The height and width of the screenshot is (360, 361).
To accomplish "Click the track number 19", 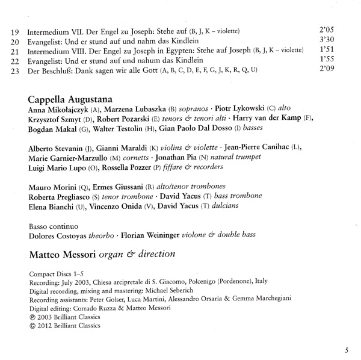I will pyautogui.click(x=16, y=30).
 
